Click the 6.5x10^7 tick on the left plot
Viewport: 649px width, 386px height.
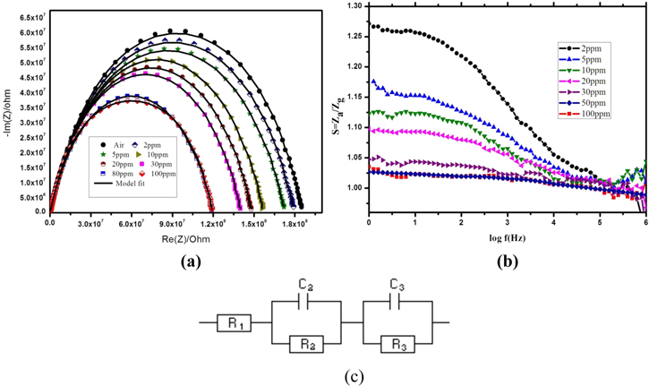(x=31, y=18)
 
